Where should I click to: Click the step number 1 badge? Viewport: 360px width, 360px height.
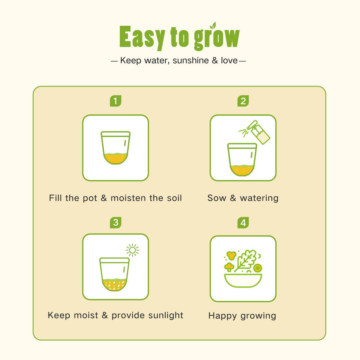pyautogui.click(x=115, y=101)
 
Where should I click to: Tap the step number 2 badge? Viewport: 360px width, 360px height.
pyautogui.click(x=243, y=101)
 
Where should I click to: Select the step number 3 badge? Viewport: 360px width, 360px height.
pyautogui.click(x=115, y=223)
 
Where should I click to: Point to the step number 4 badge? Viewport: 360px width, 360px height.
pyautogui.click(x=243, y=223)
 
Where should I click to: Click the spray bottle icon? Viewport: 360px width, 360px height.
pyautogui.click(x=258, y=132)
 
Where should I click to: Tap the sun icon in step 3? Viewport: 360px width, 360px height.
pyautogui.click(x=133, y=250)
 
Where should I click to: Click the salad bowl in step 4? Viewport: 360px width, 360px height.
pyautogui.click(x=243, y=281)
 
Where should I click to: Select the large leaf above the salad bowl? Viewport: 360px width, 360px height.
pyautogui.click(x=246, y=261)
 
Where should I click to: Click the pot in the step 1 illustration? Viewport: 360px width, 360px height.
pyautogui.click(x=115, y=148)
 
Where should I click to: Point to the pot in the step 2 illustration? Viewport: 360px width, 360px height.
pyautogui.click(x=242, y=160)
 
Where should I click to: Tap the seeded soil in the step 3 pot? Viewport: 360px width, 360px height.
pyautogui.click(x=114, y=285)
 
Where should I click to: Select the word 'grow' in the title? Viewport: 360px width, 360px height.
pyautogui.click(x=217, y=37)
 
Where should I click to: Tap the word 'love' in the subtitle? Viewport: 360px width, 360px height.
pyautogui.click(x=229, y=60)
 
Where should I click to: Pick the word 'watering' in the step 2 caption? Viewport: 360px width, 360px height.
pyautogui.click(x=259, y=198)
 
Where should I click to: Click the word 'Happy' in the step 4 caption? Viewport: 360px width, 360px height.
pyautogui.click(x=223, y=316)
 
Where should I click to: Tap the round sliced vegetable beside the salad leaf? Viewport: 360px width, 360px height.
pyautogui.click(x=258, y=268)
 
